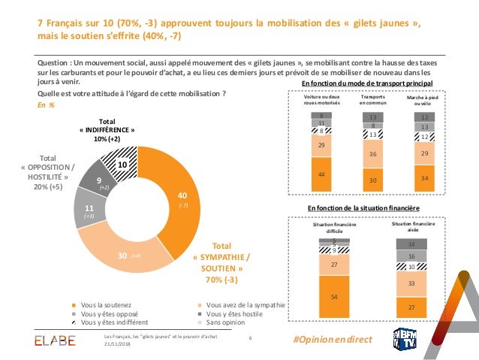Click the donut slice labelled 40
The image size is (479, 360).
pyautogui.click(x=177, y=199)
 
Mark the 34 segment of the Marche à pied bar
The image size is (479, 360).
pyautogui.click(x=425, y=178)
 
